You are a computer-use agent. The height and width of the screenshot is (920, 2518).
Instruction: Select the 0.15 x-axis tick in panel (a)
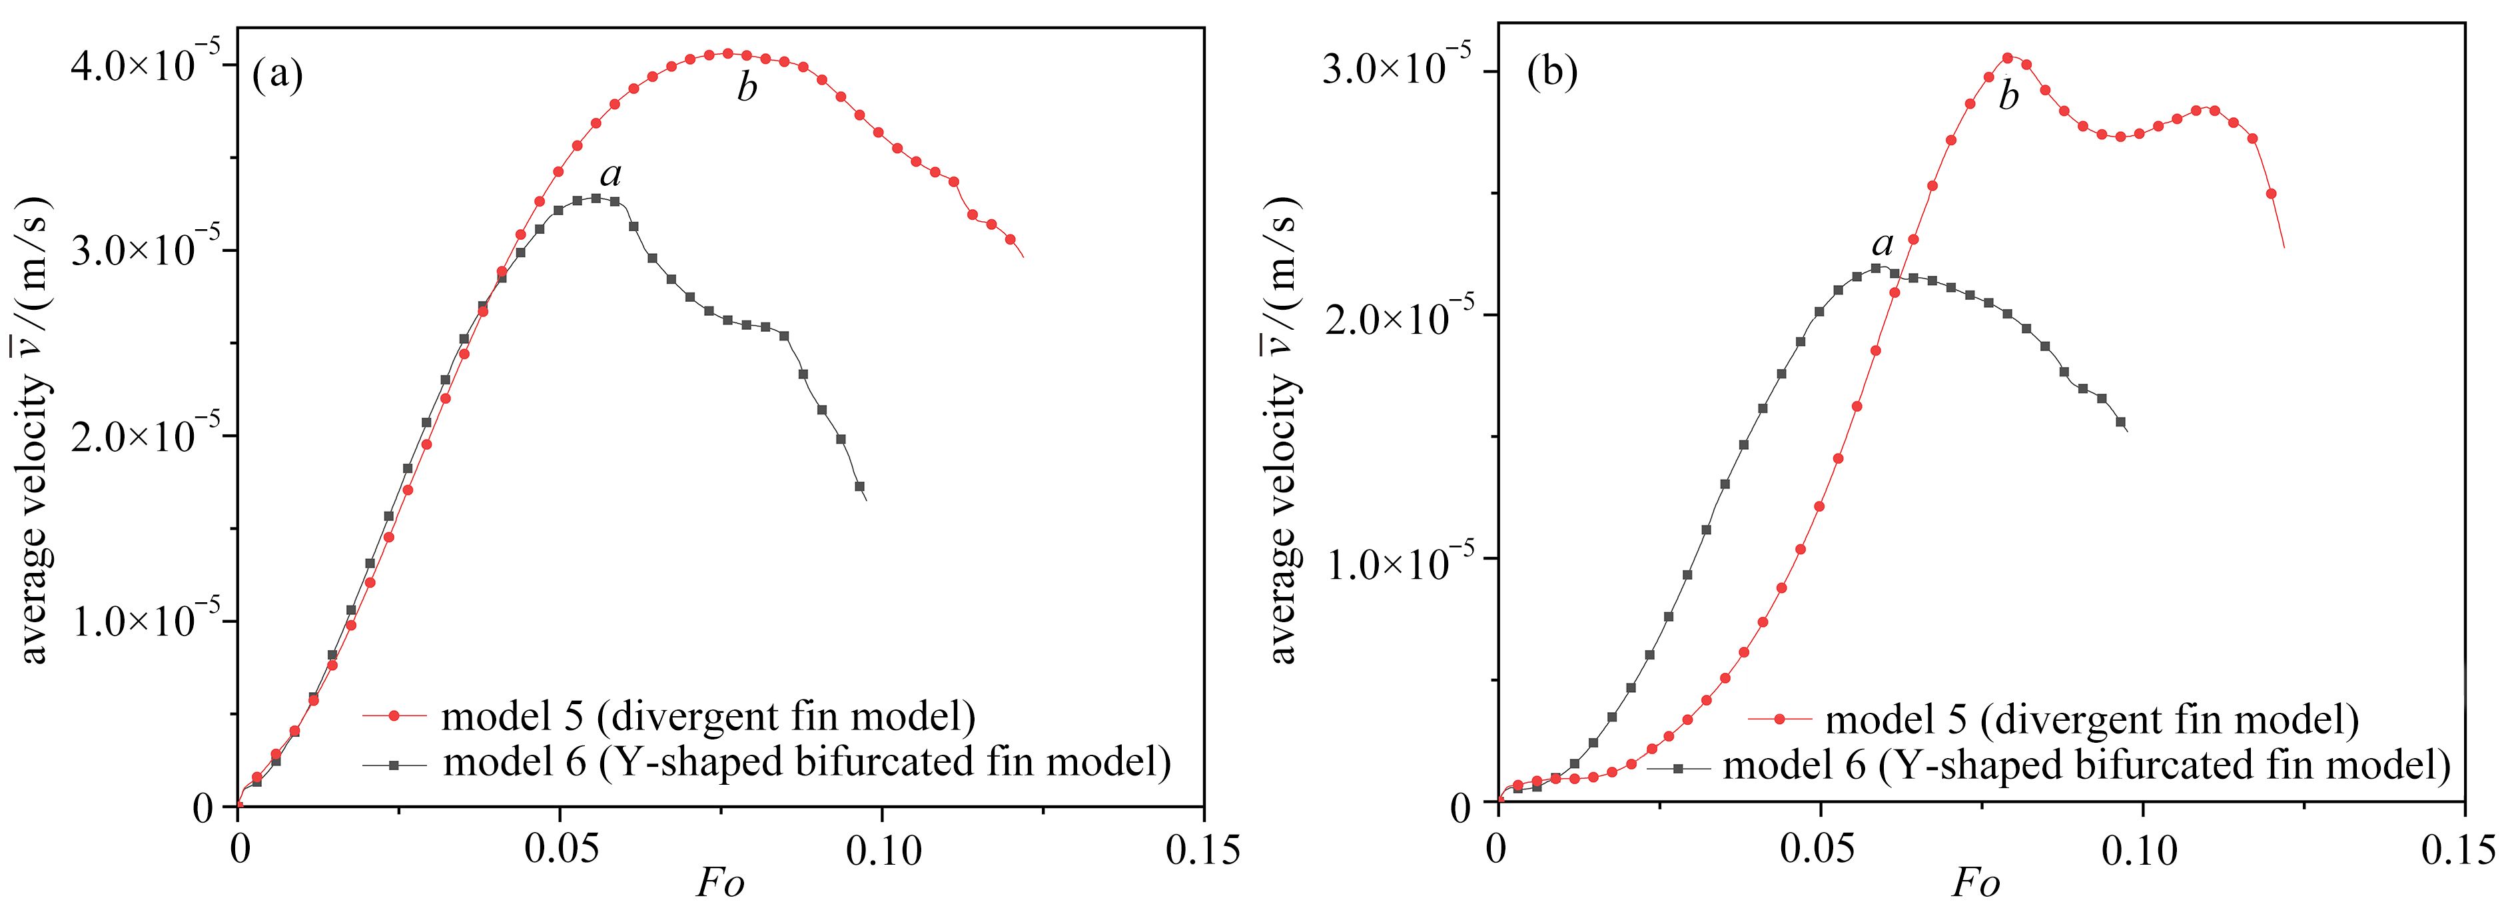tap(1202, 849)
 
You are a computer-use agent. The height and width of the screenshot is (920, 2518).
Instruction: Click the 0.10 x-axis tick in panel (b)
tap(2143, 849)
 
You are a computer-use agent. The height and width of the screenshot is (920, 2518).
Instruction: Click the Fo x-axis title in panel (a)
tap(720, 885)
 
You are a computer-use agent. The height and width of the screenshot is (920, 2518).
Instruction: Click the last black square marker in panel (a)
tap(859, 486)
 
